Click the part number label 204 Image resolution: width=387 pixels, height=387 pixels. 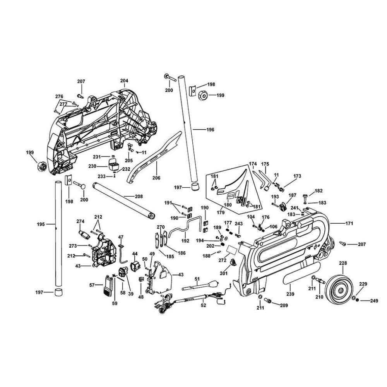tap(124, 81)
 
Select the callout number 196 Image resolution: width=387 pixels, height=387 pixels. tap(210, 130)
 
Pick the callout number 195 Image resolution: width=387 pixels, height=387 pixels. tap(41, 224)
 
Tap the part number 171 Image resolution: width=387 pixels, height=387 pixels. tap(349, 223)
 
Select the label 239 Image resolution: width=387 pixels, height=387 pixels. tap(290, 294)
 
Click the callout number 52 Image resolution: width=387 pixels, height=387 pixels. tap(203, 305)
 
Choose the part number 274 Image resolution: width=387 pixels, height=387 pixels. tap(80, 221)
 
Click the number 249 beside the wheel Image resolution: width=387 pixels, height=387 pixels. tap(374, 301)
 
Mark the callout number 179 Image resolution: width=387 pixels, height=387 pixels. tap(221, 212)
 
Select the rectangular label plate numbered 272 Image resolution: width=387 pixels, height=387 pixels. tap(232, 249)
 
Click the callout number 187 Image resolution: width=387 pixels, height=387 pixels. tap(292, 195)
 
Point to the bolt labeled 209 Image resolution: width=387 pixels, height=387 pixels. tap(268, 301)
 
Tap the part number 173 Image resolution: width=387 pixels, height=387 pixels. tap(297, 176)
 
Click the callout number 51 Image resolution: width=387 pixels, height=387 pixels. tap(197, 279)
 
